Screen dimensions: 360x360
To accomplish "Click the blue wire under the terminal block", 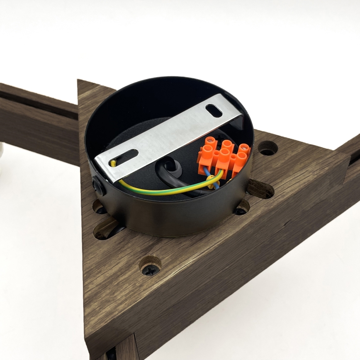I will coord(216,182).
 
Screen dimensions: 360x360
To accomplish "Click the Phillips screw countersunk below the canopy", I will coord(151,269).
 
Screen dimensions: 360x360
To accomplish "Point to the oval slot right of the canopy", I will coord(260,190).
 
